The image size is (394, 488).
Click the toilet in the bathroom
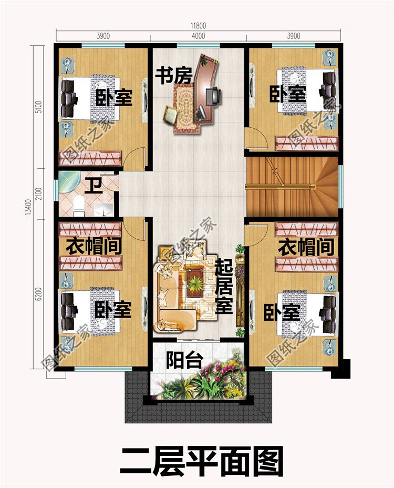[79, 206]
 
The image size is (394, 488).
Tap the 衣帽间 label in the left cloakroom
[95, 246]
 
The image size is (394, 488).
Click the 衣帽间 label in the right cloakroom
[306, 247]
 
